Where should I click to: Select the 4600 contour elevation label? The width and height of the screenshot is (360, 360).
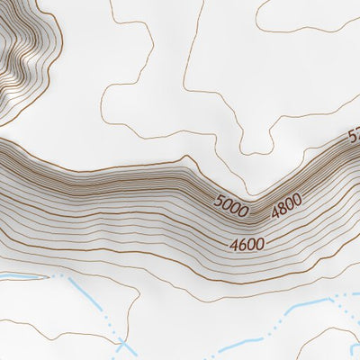tap(247, 244)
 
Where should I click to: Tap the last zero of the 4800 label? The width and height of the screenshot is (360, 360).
tap(297, 200)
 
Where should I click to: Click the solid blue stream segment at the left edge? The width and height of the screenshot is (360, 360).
tap(22, 272)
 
